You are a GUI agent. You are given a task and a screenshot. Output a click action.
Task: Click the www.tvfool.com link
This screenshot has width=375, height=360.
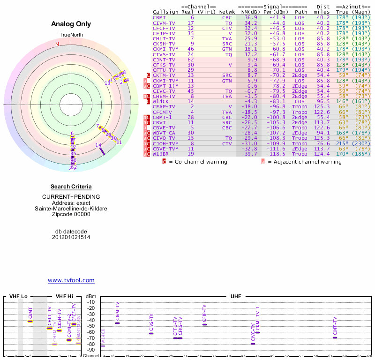[71, 280]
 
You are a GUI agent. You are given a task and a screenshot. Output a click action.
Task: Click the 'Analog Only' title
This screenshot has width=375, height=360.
[71, 24]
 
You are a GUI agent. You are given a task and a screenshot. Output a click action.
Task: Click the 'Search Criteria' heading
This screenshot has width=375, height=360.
[71, 187]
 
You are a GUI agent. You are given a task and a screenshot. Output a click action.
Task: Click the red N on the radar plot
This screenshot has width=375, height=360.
[57, 45]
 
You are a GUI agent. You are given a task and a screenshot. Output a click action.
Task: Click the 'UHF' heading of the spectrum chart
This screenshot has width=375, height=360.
[235, 297]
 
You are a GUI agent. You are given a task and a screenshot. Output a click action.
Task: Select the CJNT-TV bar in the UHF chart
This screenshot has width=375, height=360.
[335, 337]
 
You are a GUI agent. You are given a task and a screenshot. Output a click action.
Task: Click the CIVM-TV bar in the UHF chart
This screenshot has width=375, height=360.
[117, 323]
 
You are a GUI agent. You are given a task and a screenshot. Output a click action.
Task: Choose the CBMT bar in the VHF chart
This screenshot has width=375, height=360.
[30, 321]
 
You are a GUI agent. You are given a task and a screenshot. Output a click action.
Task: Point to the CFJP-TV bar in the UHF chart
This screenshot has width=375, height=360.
[204, 324]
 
